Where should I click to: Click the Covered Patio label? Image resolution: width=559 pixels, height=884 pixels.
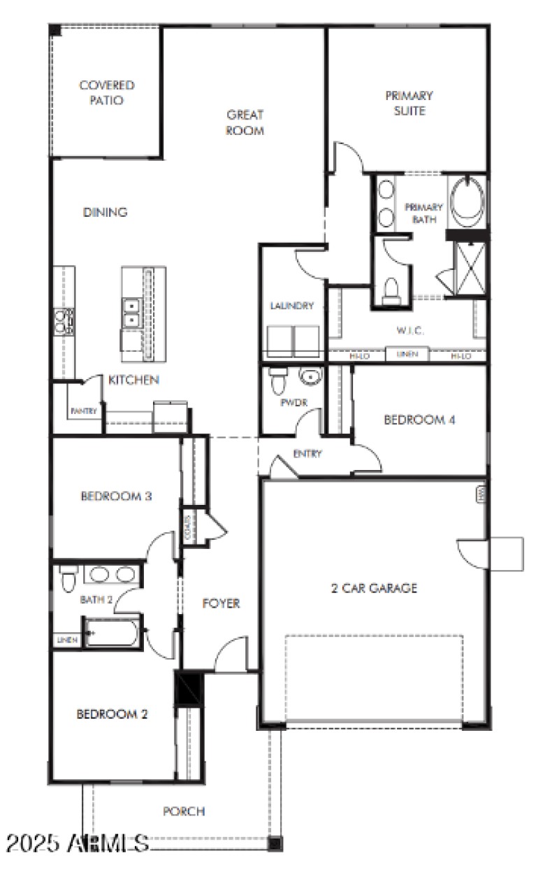(106, 92)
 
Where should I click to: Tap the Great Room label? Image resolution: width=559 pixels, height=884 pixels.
(245, 122)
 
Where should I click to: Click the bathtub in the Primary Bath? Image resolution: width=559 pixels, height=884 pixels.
(466, 200)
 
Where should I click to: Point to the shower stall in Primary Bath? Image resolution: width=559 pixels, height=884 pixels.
(469, 269)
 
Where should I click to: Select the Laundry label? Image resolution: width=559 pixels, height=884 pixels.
(292, 306)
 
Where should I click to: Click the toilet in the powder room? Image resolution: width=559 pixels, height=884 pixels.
(277, 383)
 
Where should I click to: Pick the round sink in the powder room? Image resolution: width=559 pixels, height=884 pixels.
(310, 378)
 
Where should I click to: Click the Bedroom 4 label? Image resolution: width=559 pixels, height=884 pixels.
(420, 420)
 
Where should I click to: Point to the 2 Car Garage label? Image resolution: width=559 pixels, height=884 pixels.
(374, 588)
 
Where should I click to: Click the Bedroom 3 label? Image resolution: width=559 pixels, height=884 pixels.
(117, 497)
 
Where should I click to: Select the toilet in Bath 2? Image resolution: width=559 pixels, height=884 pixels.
(68, 580)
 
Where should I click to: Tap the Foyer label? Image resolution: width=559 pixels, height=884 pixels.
(221, 603)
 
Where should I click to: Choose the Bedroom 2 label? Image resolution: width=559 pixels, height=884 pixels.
(112, 714)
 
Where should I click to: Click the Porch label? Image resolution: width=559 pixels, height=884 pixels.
(184, 811)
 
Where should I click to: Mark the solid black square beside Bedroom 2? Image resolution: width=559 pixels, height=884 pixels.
(188, 688)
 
